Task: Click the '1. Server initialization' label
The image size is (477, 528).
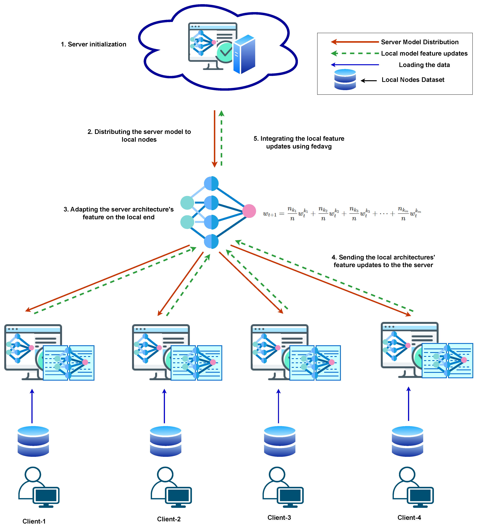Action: (x=93, y=44)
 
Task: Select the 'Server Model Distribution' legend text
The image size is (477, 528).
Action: (x=419, y=42)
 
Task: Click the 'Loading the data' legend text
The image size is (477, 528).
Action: (x=424, y=65)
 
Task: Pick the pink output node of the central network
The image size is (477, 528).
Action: (x=249, y=211)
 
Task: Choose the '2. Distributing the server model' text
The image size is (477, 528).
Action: (x=139, y=132)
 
